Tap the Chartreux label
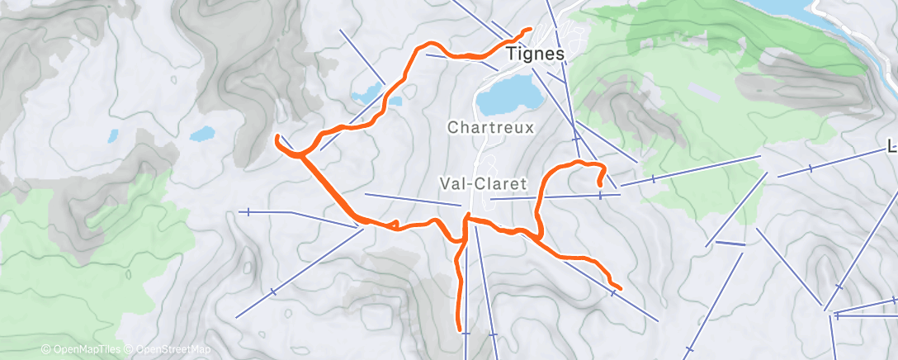pos(491,128)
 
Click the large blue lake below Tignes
pos(510,98)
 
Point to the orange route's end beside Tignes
pos(529,31)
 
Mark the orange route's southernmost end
pos(460,329)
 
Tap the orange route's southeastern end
pos(619,288)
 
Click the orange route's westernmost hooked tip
pos(277,138)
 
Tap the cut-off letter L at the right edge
pos(892,148)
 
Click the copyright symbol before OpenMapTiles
pos(45,350)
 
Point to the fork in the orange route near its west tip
pos(300,154)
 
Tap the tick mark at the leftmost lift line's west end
pos(248,212)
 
